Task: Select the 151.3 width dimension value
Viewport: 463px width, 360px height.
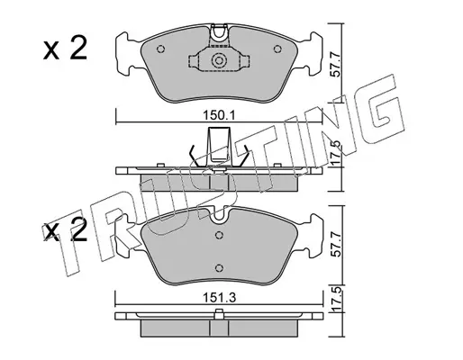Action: [220, 298]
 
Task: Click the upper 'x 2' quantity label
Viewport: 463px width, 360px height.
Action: [65, 48]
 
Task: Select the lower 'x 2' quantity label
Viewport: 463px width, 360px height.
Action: [65, 230]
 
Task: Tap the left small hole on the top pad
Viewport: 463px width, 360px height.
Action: [161, 49]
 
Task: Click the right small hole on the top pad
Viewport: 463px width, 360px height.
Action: [277, 49]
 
